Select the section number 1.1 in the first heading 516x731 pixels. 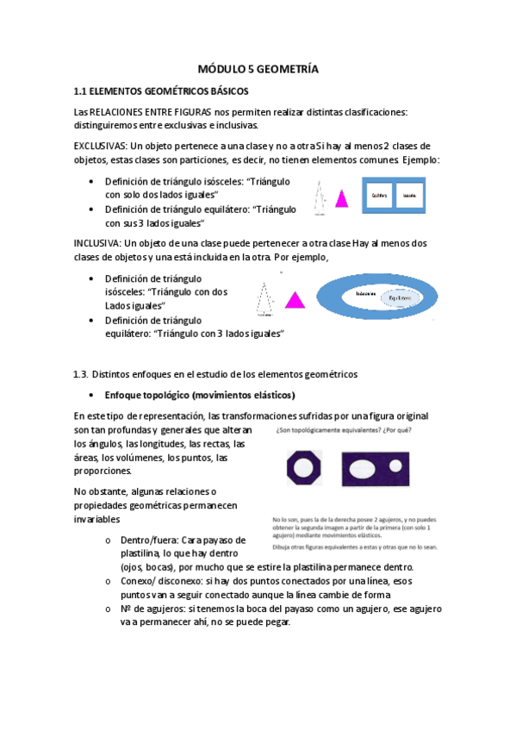[83, 90]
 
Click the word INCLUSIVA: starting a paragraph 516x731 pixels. [98, 244]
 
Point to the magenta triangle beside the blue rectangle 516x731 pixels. [342, 199]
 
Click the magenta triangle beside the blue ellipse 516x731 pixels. [294, 300]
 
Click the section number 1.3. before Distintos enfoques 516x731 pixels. [82, 374]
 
